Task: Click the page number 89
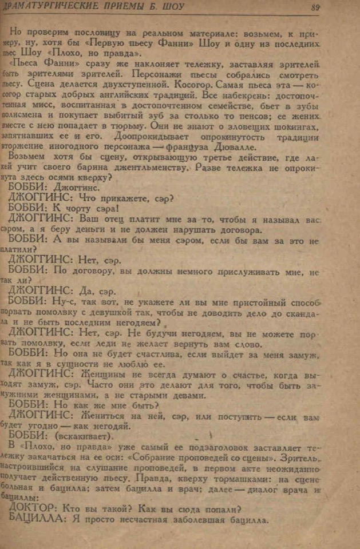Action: [x=330, y=7]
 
